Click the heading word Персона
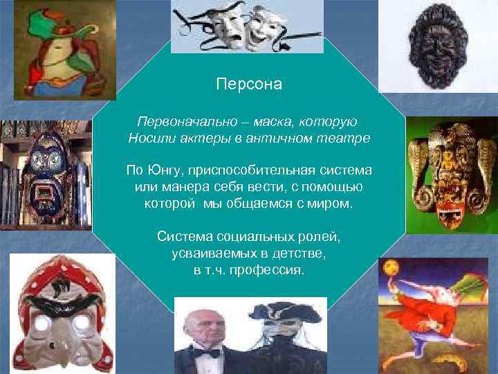249,85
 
